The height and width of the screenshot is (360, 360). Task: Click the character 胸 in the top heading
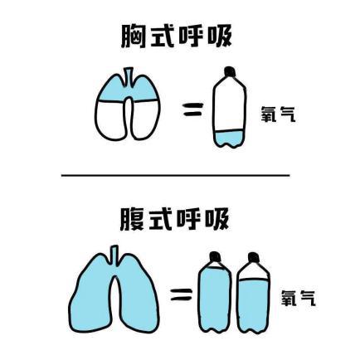(x=133, y=36)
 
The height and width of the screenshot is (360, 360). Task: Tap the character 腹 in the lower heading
(x=132, y=219)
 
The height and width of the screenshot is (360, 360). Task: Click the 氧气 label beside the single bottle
(x=278, y=114)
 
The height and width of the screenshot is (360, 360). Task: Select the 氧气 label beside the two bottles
(x=299, y=298)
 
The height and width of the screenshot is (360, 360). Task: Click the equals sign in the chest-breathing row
(x=192, y=109)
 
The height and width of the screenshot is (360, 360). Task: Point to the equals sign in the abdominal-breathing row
(x=182, y=294)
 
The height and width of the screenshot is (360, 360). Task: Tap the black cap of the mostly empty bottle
(x=230, y=71)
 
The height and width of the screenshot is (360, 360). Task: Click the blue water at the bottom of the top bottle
(x=230, y=139)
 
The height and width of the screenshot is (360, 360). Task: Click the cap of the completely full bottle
(x=215, y=256)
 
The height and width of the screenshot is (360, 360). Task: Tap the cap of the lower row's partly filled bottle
(x=254, y=257)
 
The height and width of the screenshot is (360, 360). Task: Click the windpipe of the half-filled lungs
(x=128, y=76)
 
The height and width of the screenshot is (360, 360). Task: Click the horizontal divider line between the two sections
(x=176, y=175)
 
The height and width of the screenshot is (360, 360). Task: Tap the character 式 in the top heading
(x=162, y=36)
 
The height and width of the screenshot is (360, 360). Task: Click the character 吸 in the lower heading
(x=217, y=219)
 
